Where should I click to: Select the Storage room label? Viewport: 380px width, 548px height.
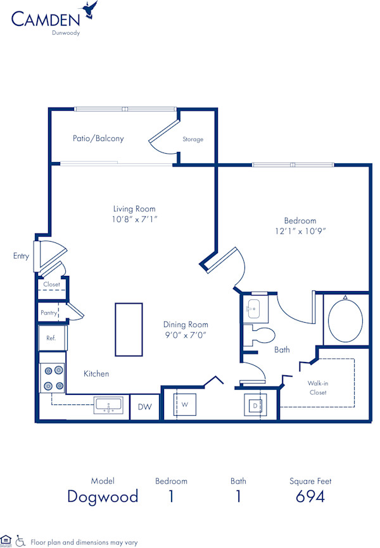point(193,139)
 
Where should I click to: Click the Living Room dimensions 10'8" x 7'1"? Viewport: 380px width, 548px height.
point(134,219)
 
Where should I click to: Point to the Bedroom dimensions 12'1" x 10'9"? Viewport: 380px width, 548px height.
point(300,231)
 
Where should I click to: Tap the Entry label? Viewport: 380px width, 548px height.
point(21,256)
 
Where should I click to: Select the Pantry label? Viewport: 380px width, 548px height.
point(49,313)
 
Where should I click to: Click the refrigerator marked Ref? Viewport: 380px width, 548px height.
point(51,338)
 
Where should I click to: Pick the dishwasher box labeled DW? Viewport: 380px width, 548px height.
point(144,408)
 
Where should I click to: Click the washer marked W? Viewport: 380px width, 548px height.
point(185,404)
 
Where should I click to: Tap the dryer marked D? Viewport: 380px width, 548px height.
point(255,405)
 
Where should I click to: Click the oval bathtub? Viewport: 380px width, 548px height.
point(346,319)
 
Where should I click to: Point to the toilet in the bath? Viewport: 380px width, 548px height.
point(262,335)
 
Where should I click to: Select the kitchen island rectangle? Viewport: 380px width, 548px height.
point(129,328)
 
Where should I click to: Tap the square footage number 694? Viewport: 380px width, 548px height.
point(310,497)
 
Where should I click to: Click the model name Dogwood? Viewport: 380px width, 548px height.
point(103,497)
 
